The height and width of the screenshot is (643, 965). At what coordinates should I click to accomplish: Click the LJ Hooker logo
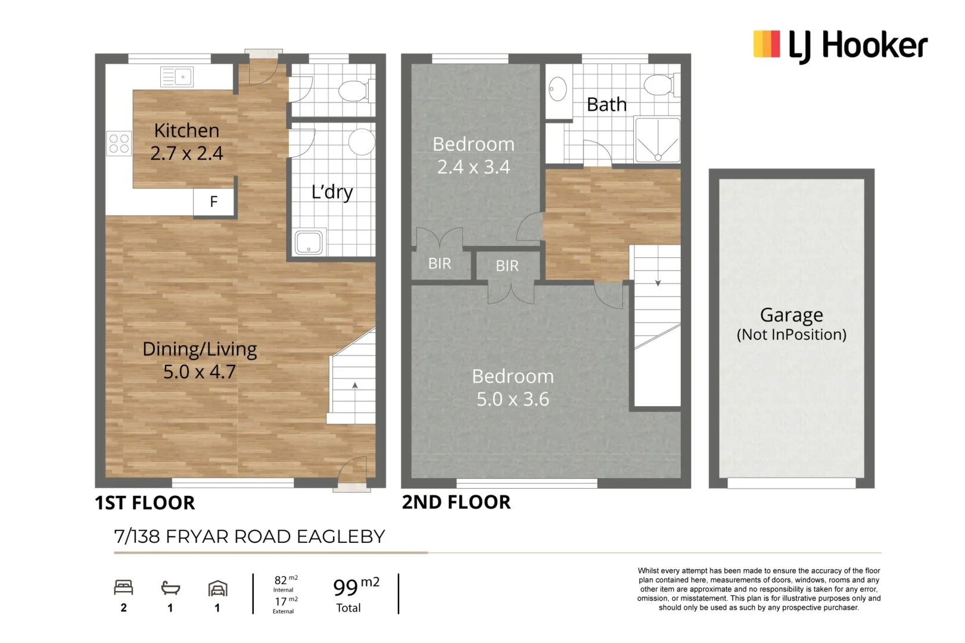pos(840,45)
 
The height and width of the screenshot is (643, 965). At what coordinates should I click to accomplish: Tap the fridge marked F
pos(214,202)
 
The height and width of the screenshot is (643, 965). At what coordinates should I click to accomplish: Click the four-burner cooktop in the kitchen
pos(119,143)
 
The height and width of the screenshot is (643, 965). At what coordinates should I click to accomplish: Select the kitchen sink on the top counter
pos(176,77)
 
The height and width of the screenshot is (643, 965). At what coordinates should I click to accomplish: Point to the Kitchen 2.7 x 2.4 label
pos(186,142)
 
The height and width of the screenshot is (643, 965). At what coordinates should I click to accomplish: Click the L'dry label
pos(332,192)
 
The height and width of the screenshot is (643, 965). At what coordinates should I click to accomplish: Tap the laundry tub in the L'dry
pos(309,242)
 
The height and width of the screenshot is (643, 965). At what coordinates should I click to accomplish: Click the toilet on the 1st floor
pos(354,91)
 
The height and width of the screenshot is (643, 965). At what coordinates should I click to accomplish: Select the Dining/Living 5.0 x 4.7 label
pos(200,360)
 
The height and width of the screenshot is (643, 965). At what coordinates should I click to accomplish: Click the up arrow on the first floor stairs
pos(355,386)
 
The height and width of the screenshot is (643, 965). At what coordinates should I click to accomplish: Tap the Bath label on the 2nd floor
pos(606,105)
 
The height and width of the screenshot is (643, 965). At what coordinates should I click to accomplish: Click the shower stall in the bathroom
pos(658,141)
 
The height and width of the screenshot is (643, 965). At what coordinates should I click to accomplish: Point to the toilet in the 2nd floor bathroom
pos(660,85)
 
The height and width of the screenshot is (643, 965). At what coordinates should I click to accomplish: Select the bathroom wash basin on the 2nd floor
pos(558,90)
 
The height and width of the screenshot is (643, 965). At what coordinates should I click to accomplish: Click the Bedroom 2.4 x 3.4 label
pos(474,155)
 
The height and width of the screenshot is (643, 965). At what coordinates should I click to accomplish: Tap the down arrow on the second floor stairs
pos(658,283)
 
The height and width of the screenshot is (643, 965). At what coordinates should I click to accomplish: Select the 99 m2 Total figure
pos(355,594)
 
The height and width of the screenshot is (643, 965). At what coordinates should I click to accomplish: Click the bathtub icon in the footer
pos(170,588)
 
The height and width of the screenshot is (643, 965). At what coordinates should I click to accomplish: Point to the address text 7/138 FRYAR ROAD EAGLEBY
pos(250,536)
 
